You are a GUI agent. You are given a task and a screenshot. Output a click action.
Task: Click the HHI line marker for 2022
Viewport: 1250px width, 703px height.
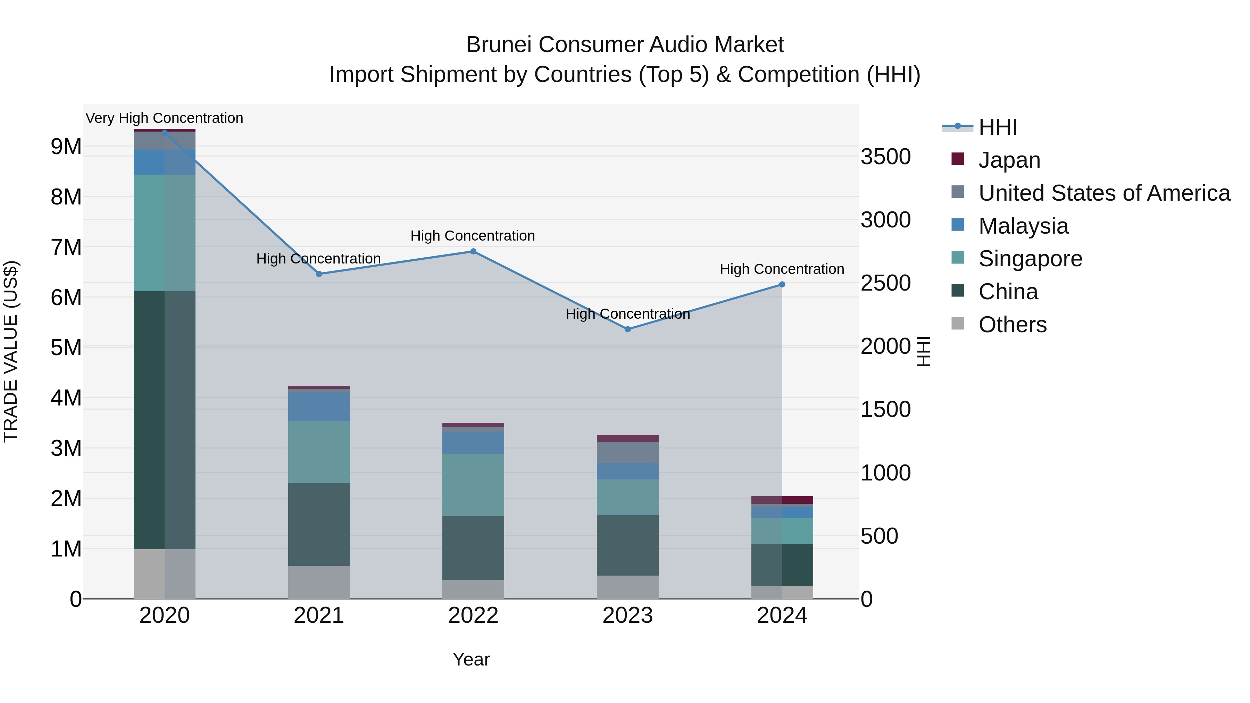[x=473, y=251]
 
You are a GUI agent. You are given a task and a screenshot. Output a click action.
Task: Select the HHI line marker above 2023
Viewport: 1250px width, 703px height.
[x=627, y=329]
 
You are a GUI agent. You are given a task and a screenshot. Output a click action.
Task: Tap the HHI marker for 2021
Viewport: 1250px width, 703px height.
[x=319, y=274]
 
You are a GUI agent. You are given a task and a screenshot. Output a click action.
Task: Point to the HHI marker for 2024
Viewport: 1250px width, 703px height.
[x=782, y=285]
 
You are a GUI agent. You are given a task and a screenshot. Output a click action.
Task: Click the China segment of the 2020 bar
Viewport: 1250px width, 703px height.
[x=165, y=420]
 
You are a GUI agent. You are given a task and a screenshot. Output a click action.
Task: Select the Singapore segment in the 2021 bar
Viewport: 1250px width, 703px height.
[x=319, y=452]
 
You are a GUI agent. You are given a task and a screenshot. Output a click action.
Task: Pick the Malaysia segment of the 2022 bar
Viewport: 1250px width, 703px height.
[x=473, y=443]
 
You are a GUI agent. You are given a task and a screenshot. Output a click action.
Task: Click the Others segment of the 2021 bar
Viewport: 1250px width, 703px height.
[x=319, y=582]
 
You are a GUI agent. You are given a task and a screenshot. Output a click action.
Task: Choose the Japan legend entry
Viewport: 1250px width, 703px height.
[x=1009, y=160]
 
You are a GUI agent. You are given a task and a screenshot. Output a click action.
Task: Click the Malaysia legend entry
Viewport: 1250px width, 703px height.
[x=1023, y=226]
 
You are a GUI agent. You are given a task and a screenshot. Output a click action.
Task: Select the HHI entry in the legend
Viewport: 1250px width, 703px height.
[x=997, y=127]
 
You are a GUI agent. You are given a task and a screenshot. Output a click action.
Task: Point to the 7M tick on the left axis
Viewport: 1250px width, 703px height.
[x=66, y=248]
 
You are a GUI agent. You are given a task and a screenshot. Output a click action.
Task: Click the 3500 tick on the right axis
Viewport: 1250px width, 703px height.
[x=885, y=157]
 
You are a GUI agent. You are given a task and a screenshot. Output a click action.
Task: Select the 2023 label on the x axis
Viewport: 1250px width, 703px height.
[x=627, y=616]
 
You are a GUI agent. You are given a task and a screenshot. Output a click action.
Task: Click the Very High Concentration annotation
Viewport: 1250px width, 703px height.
[x=165, y=118]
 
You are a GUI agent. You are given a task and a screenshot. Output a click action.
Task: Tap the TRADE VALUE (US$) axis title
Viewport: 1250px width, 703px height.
[x=11, y=351]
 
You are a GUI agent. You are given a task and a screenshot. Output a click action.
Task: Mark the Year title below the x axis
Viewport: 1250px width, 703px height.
[x=471, y=659]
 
